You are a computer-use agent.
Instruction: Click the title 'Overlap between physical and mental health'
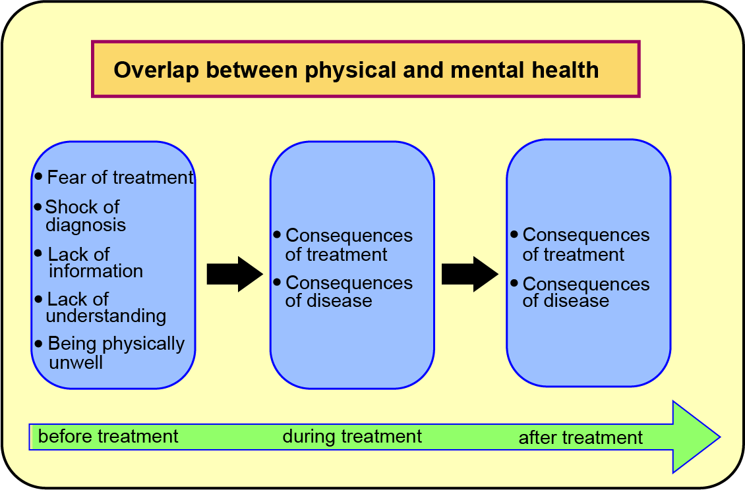(x=356, y=70)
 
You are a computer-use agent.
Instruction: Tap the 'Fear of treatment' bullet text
(x=121, y=178)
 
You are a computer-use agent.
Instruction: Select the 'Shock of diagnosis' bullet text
(x=84, y=216)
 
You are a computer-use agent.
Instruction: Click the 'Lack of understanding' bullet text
(x=105, y=308)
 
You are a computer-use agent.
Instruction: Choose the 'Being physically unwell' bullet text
(x=115, y=352)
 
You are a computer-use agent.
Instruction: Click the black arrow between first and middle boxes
(x=234, y=274)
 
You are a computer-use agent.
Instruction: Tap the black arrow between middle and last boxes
(x=469, y=274)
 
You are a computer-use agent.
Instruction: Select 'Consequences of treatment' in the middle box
(x=348, y=245)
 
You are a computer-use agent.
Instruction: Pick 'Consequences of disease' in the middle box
(x=348, y=292)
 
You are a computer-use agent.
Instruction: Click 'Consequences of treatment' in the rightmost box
(x=585, y=244)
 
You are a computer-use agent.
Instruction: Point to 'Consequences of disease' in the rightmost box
(x=585, y=292)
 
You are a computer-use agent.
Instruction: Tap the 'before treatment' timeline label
(x=108, y=436)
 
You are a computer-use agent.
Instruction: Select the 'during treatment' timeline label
(x=352, y=436)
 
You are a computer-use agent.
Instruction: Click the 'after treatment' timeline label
(x=580, y=437)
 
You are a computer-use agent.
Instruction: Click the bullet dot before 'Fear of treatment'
(x=38, y=177)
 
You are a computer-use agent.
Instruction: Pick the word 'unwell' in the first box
(x=76, y=362)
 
